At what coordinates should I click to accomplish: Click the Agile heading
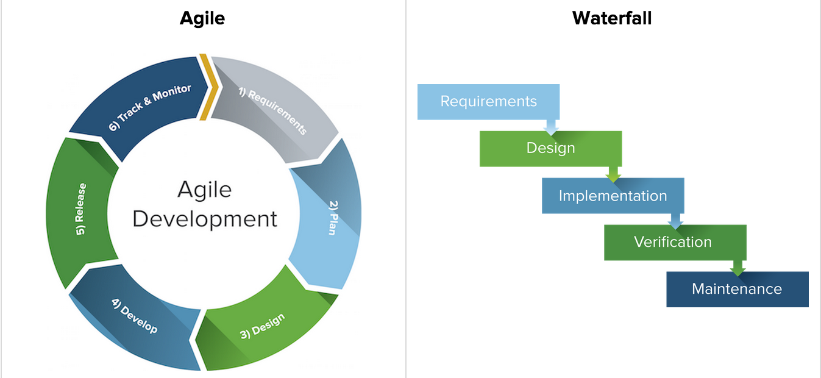click(x=202, y=18)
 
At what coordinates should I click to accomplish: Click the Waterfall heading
click(x=612, y=18)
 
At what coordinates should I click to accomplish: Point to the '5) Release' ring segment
click(x=79, y=210)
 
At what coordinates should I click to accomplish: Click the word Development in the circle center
click(x=205, y=219)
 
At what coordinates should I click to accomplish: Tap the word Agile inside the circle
click(x=205, y=190)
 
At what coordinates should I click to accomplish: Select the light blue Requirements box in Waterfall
click(x=488, y=101)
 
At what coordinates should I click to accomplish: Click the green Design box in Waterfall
click(x=550, y=148)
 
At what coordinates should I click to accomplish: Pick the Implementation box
click(x=613, y=196)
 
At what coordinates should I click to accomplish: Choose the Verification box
click(x=672, y=242)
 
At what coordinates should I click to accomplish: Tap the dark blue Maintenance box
click(x=737, y=289)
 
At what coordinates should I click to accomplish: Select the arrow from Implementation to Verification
click(x=675, y=220)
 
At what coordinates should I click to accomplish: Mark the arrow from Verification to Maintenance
click(x=737, y=267)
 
